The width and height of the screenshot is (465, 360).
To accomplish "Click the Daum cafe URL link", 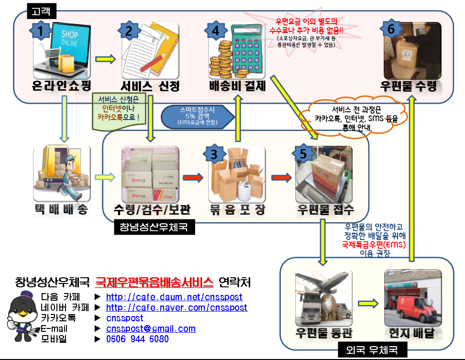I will (174, 297).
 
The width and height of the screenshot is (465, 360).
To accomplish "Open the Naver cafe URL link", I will (177, 307).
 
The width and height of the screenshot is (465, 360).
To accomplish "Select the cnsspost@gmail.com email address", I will (151, 328).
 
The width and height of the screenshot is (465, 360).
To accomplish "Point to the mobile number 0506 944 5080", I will (137, 339).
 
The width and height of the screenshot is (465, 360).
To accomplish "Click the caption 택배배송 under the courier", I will (62, 209).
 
